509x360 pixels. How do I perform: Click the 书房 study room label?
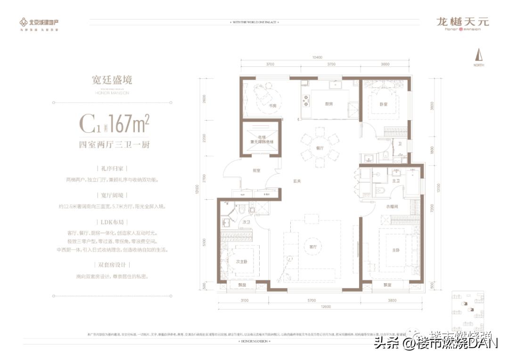(x=272, y=106)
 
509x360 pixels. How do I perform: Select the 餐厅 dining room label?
(x=320, y=147)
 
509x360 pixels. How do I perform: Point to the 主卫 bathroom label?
(x=396, y=181)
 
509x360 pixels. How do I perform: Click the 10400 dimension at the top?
(x=317, y=57)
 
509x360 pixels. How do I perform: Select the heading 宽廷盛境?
(x=112, y=80)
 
